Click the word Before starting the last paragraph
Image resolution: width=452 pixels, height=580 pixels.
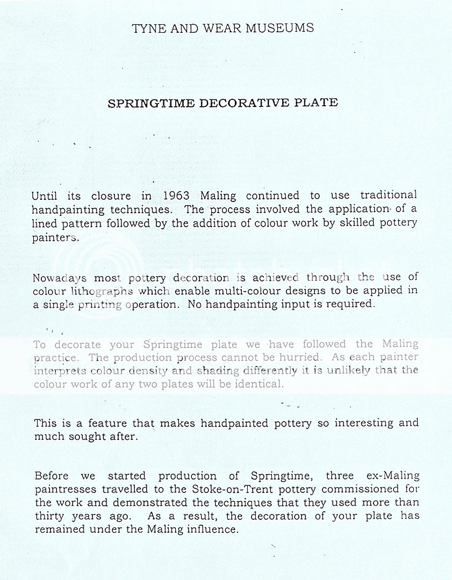coord(53,476)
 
